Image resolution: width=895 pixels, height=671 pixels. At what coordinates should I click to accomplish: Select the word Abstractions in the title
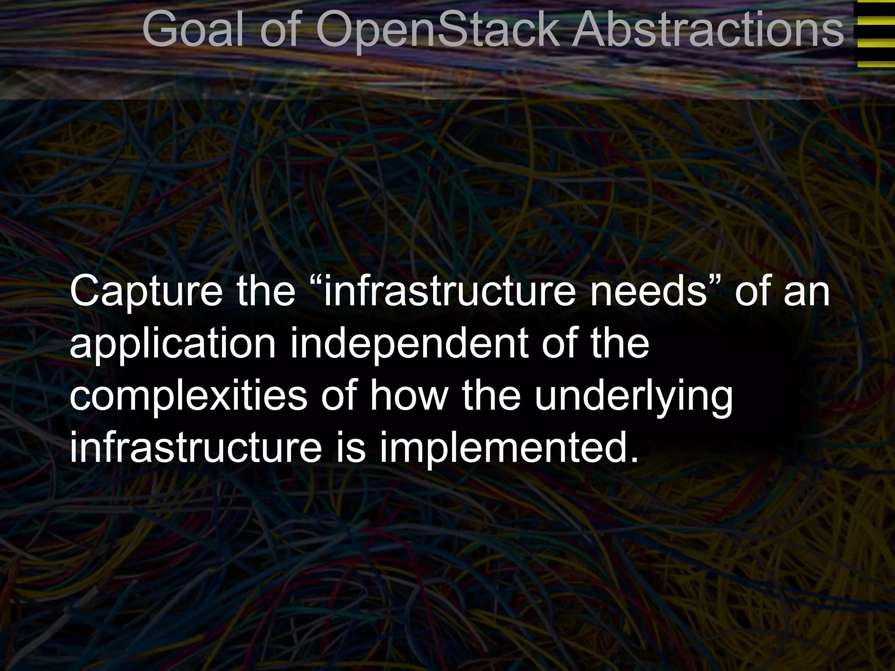708,30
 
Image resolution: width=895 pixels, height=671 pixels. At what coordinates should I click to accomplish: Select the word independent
408,343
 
